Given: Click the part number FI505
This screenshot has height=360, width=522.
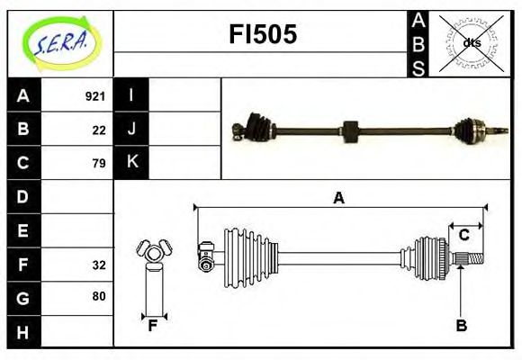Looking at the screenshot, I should point(261,35).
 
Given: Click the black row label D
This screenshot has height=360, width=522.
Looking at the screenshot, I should point(22,196).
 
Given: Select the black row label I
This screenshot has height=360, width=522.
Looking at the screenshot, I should point(131,95).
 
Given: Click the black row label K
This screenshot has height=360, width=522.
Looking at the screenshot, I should point(131,162).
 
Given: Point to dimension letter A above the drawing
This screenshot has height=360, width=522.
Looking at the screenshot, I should point(338,198).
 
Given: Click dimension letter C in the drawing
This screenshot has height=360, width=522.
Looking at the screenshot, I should point(464,235).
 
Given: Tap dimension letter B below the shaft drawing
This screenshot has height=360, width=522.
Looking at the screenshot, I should point(461,326).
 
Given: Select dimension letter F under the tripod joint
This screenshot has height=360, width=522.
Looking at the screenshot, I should point(153,326).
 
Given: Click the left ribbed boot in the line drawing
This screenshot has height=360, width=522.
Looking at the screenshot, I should point(243,252).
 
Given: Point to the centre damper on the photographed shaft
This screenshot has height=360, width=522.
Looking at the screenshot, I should point(351,130).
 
